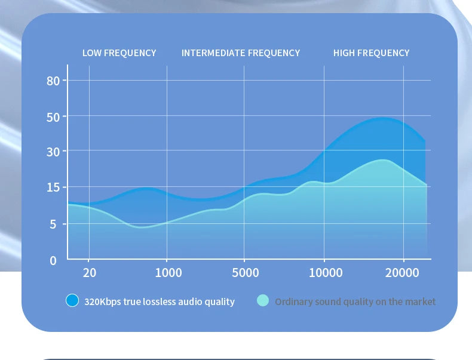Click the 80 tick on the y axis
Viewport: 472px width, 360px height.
coord(53,81)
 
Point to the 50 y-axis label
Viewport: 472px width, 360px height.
coord(53,117)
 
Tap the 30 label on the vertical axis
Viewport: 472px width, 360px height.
coord(53,152)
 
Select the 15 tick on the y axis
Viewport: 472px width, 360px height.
coord(53,188)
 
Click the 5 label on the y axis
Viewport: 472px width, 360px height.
coord(53,224)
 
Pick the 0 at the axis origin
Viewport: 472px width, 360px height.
coord(53,260)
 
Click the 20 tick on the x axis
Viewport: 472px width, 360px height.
coord(90,273)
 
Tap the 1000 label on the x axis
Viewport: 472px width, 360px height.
coord(168,273)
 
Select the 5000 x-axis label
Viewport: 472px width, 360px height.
coord(246,273)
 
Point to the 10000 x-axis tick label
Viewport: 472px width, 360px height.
coord(326,273)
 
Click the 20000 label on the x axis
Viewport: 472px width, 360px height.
coord(402,273)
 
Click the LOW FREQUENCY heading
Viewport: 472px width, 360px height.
coord(119,53)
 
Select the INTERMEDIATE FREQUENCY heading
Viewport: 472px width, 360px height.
coord(241,53)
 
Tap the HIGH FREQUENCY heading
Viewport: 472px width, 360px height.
coord(372,53)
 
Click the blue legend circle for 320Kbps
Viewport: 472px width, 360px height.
coord(72,301)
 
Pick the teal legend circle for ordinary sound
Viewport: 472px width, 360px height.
coord(263,301)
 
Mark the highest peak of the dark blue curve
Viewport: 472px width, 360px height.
coord(382,118)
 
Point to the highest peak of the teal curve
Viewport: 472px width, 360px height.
coord(382,160)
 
